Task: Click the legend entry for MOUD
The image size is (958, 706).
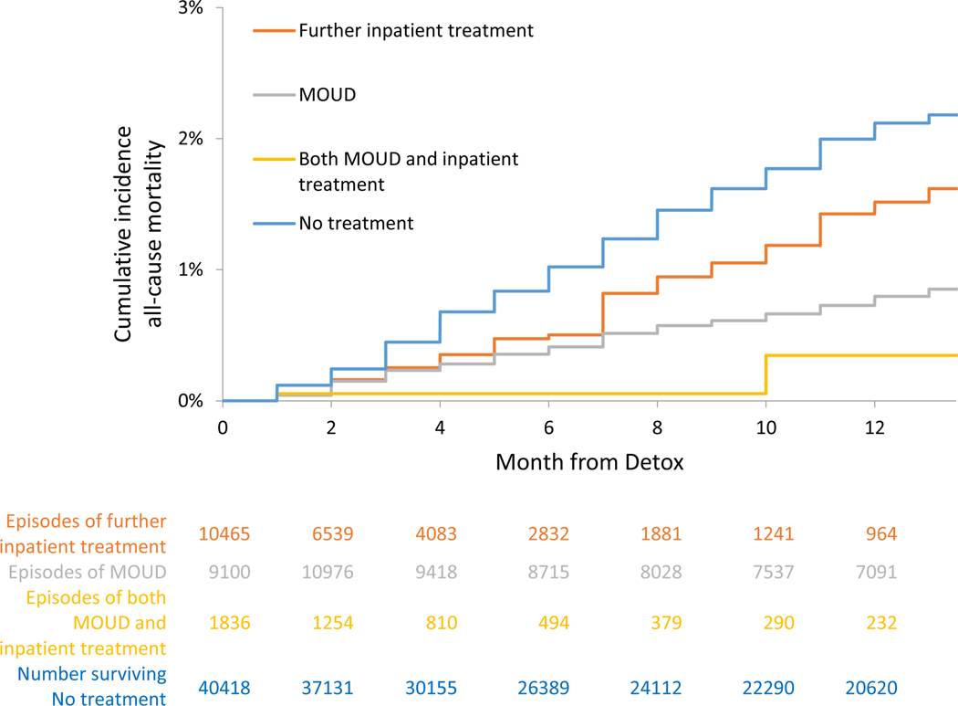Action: coord(328,95)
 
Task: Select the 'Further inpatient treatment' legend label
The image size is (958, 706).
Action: coord(416,30)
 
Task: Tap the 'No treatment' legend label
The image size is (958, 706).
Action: coord(356,223)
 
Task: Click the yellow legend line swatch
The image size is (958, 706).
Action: coord(275,160)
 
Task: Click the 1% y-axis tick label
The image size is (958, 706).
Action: coord(191,269)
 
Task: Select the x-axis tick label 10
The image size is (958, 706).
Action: coord(766,427)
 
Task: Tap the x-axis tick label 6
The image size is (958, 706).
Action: coord(548,427)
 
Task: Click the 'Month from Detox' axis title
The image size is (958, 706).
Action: coord(589,462)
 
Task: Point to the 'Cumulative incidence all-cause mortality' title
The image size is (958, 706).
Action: coord(139,234)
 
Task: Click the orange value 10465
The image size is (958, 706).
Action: coord(224,534)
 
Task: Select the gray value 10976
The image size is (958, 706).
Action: coord(328,572)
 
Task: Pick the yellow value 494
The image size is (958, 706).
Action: coord(554,623)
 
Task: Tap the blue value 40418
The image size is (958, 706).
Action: coord(224,688)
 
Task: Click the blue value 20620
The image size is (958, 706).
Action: coord(871,688)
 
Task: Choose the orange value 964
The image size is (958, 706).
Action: coord(881,534)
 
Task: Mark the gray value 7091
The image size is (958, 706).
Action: coord(876,572)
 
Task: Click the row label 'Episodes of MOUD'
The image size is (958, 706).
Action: coord(88,572)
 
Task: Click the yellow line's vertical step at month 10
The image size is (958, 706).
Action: coord(766,374)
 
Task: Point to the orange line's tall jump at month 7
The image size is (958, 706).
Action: coord(603,314)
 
